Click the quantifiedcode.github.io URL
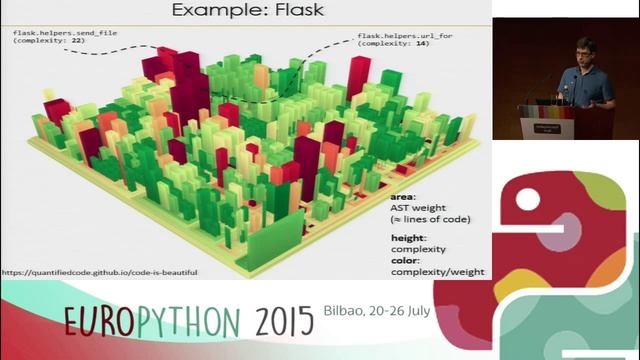[99, 271]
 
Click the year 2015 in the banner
[285, 320]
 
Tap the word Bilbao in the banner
[345, 310]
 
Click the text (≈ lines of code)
[436, 220]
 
